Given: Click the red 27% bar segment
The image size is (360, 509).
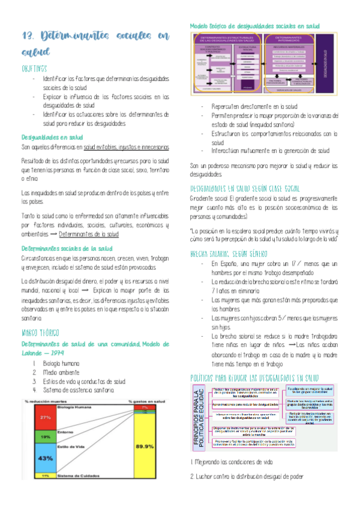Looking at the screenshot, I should tap(29, 417).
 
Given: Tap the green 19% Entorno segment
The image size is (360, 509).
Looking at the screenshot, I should tap(29, 437).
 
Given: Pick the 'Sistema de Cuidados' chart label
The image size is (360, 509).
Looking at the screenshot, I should tap(78, 475).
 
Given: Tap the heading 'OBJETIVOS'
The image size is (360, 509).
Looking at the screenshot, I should tap(35, 69).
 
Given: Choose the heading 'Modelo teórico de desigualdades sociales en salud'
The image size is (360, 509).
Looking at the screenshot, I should tap(254, 26).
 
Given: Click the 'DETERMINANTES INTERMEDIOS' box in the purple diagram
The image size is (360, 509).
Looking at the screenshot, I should tap(288, 40).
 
